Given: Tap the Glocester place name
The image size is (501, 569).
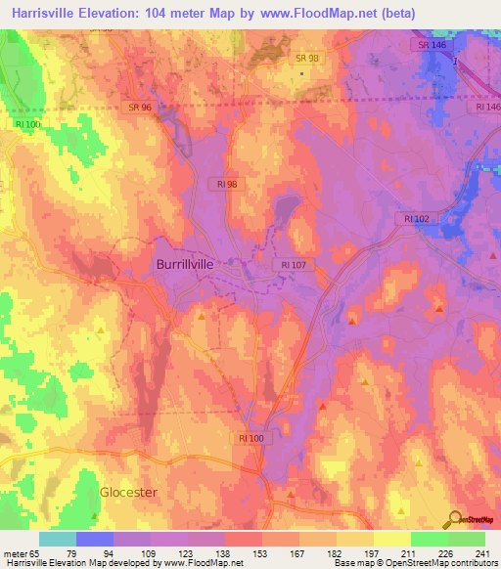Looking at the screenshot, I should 128,492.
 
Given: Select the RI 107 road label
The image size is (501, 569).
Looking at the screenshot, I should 294,264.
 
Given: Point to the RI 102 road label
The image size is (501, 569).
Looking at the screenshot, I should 412,219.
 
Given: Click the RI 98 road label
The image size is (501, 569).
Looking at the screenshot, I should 228,182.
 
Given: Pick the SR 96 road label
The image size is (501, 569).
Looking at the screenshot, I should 140,106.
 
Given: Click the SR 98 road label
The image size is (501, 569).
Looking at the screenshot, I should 307,59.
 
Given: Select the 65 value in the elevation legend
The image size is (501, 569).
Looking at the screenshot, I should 32,551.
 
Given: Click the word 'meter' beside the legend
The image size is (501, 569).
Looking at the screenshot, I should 13,551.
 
